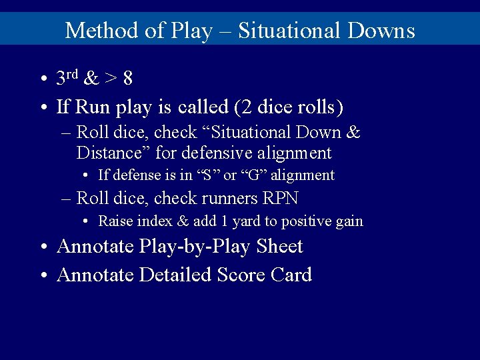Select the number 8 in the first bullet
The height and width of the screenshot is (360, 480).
[x=127, y=79]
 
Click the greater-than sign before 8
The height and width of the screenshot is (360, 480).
[x=110, y=79]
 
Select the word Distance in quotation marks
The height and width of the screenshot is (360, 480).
[x=113, y=153]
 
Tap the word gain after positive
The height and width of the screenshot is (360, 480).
[x=348, y=221]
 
